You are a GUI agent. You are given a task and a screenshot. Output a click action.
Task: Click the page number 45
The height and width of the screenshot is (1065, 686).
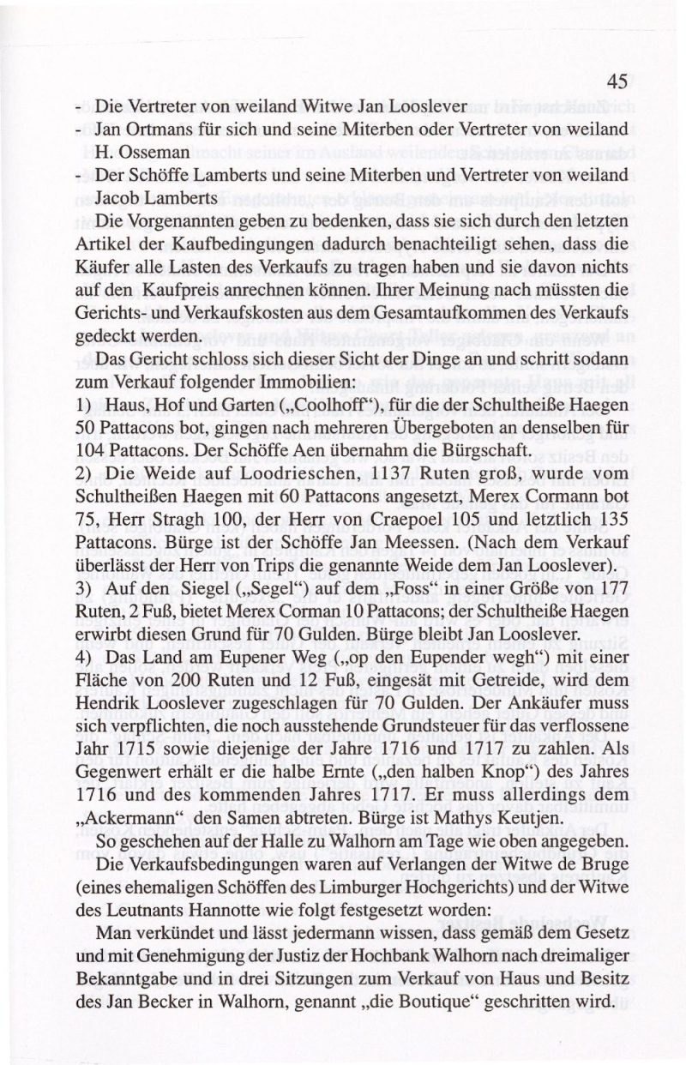[617, 82]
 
